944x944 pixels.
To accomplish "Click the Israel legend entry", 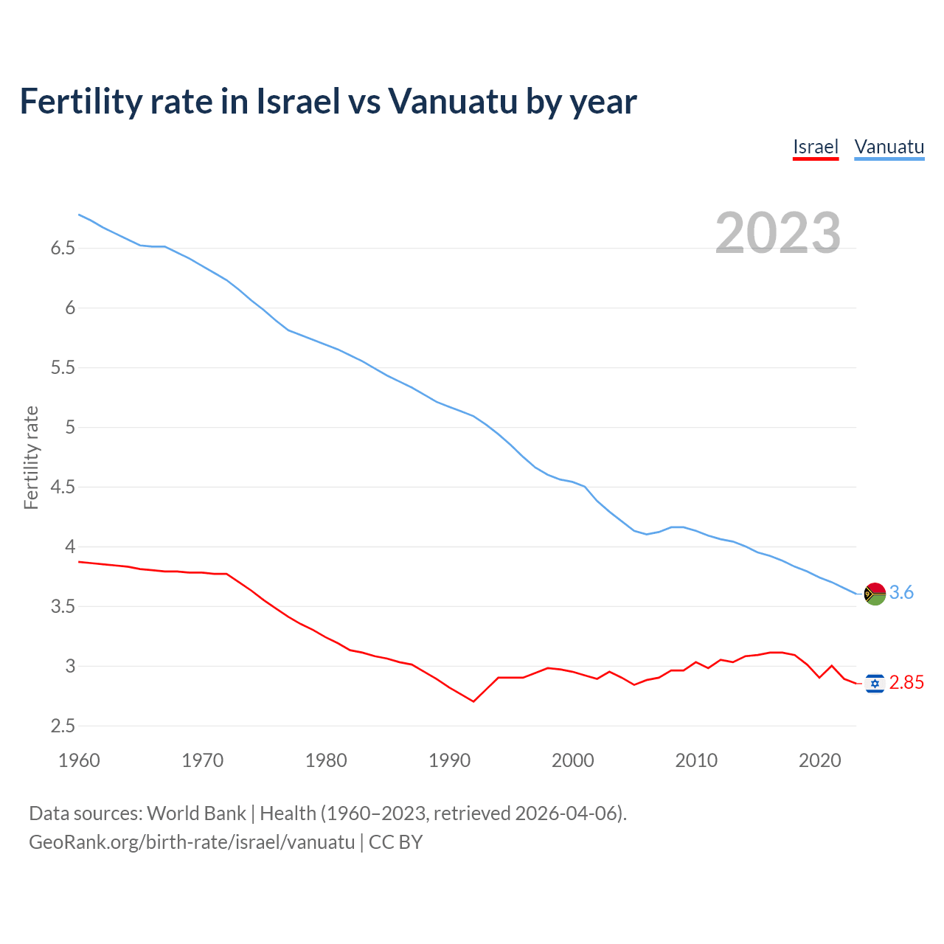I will click(816, 147).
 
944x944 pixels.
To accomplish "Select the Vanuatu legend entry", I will click(889, 147).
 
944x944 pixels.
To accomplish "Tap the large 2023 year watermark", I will click(778, 233).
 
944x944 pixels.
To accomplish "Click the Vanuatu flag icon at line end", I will click(875, 593).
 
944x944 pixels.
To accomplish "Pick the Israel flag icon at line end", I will click(875, 684).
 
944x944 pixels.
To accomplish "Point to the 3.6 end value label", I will click(901, 593).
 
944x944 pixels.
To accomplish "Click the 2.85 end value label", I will click(906, 683).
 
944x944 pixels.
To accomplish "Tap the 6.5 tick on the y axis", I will click(63, 249).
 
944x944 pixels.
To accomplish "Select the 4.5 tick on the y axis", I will click(63, 487).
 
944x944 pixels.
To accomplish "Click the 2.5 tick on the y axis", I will click(63, 726).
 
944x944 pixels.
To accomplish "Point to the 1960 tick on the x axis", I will click(79, 760).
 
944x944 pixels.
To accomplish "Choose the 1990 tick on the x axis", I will click(449, 760).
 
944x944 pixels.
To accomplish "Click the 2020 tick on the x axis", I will click(819, 760).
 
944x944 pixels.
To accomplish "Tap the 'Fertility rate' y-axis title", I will click(31, 457).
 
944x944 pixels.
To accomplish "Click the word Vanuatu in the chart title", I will click(453, 102).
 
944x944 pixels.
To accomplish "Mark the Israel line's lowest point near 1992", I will click(473, 701).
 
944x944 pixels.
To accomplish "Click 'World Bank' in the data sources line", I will click(196, 813).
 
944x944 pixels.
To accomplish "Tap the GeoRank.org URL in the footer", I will click(192, 842).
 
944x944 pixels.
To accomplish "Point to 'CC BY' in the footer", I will click(396, 842).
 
